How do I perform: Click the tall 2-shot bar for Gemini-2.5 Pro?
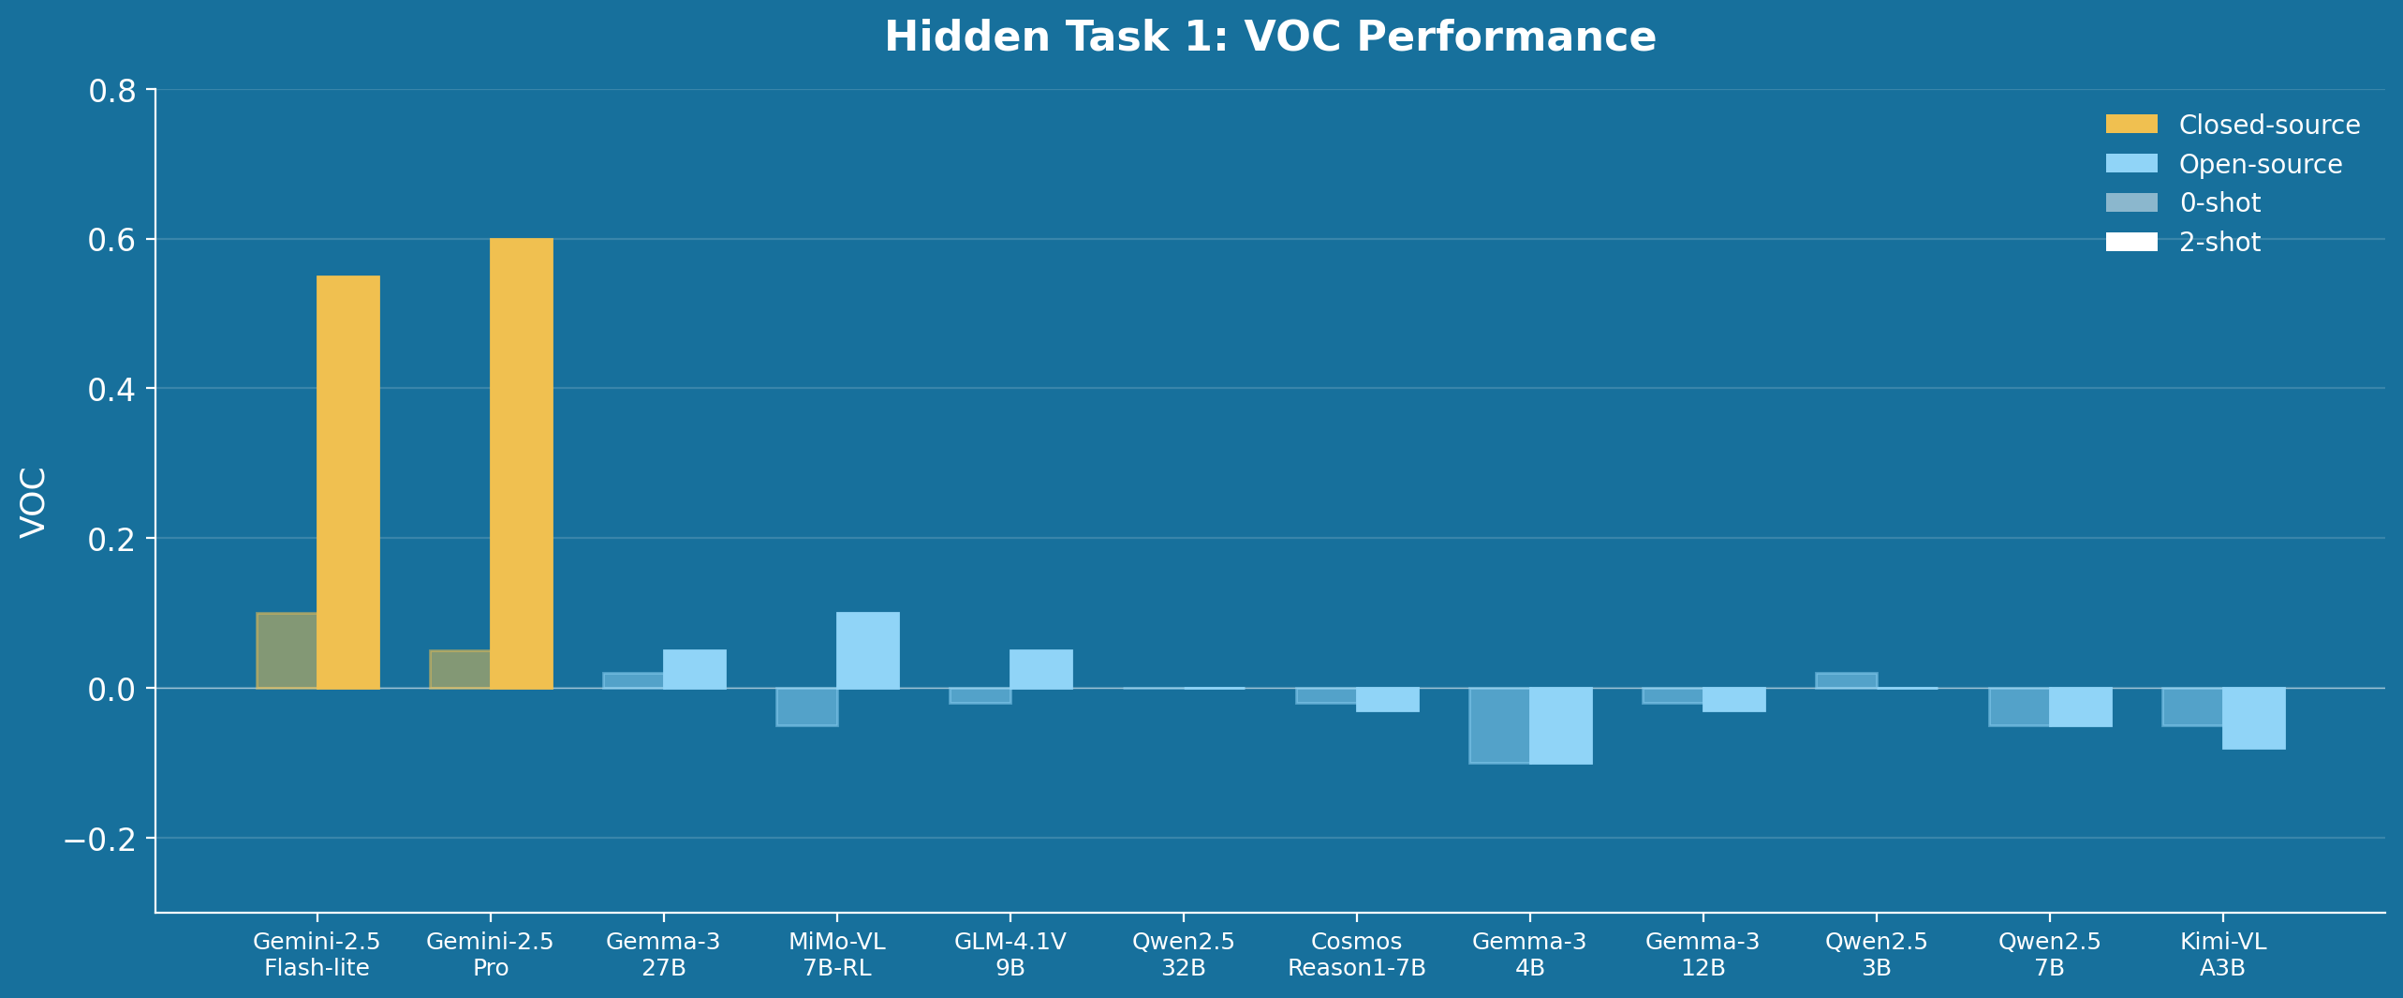pyautogui.click(x=521, y=463)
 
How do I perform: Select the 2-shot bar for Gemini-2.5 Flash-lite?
pyautogui.click(x=347, y=482)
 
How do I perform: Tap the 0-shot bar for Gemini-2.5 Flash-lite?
pyautogui.click(x=287, y=650)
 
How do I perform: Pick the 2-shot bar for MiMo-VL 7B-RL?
pyautogui.click(x=867, y=650)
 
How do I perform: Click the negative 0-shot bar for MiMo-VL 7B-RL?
pyautogui.click(x=806, y=707)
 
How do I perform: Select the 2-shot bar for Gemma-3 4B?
pyautogui.click(x=1560, y=725)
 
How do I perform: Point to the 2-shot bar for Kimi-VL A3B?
pyautogui.click(x=2253, y=718)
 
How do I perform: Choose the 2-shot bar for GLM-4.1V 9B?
pyautogui.click(x=1040, y=669)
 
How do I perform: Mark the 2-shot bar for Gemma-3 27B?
pyautogui.click(x=694, y=669)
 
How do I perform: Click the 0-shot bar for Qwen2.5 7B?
pyautogui.click(x=2019, y=707)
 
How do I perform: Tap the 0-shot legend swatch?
pyautogui.click(x=2131, y=202)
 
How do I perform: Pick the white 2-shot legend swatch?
pyautogui.click(x=2131, y=242)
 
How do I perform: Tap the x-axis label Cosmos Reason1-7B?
pyautogui.click(x=1356, y=954)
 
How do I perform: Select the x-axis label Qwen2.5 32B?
pyautogui.click(x=1183, y=954)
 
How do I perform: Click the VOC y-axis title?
pyautogui.click(x=34, y=502)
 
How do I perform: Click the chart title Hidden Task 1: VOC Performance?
pyautogui.click(x=1270, y=37)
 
